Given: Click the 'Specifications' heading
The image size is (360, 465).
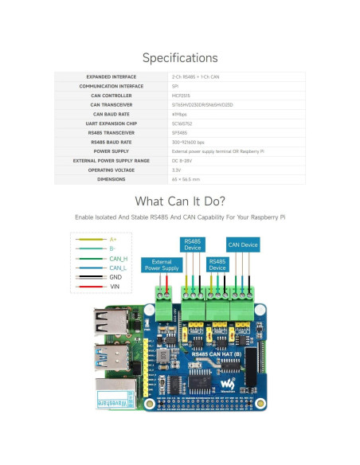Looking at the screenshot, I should pyautogui.click(x=179, y=58).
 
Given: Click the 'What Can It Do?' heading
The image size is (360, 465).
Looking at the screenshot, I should pyautogui.click(x=179, y=201).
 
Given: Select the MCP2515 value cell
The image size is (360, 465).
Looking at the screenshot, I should pyautogui.click(x=182, y=95).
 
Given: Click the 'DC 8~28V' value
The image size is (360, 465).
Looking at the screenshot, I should pyautogui.click(x=184, y=159).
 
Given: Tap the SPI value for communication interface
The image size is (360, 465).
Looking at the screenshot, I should pyautogui.click(x=175, y=85).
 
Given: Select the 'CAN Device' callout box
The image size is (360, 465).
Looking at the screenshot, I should pyautogui.click(x=242, y=244).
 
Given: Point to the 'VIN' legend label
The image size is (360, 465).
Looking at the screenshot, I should pyautogui.click(x=114, y=285).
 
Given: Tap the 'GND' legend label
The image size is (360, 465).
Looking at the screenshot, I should pyautogui.click(x=115, y=276).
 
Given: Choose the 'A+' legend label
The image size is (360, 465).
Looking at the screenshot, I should pyautogui.click(x=112, y=238).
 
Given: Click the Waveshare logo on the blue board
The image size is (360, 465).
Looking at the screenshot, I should pyautogui.click(x=229, y=385).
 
